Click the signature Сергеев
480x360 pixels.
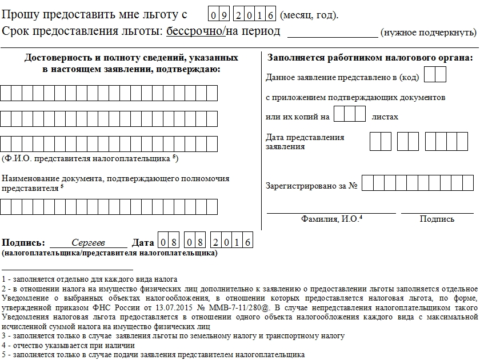click(x=89, y=242)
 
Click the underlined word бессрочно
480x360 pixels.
click(x=194, y=31)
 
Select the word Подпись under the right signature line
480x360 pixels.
click(x=437, y=219)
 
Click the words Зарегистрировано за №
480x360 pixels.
click(x=311, y=186)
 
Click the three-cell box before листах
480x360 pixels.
click(x=349, y=114)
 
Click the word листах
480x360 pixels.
click(x=385, y=117)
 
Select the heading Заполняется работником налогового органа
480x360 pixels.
click(x=370, y=58)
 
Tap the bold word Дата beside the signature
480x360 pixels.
click(x=143, y=242)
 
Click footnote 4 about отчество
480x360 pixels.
click(x=69, y=345)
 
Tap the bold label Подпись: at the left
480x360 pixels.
click(x=23, y=242)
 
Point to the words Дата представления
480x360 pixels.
click(x=305, y=137)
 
